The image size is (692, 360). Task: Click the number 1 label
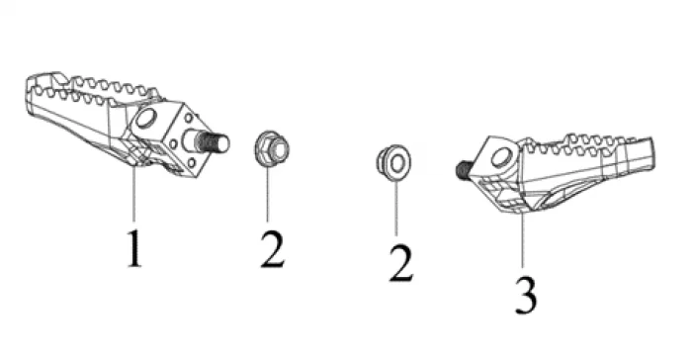(x=134, y=248)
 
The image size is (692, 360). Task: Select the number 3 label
(x=526, y=296)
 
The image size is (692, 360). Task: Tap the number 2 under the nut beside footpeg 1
(x=272, y=249)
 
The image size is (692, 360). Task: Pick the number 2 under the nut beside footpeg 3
(x=400, y=264)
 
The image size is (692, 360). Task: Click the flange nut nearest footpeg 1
(x=272, y=149)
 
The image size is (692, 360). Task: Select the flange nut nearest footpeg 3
(x=393, y=162)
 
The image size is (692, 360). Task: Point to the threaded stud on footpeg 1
(x=215, y=141)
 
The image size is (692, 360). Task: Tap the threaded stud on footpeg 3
(x=464, y=169)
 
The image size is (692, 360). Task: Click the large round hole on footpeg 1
(x=147, y=119)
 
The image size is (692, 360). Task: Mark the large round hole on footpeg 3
(x=502, y=157)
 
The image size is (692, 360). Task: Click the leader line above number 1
(x=133, y=193)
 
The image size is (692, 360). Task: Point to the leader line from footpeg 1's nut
(x=267, y=195)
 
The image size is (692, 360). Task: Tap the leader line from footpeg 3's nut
(x=395, y=208)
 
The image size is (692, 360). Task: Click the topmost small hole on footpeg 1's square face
(x=189, y=118)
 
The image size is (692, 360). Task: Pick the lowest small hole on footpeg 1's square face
(x=191, y=163)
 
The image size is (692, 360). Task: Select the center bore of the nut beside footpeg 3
(x=397, y=163)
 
